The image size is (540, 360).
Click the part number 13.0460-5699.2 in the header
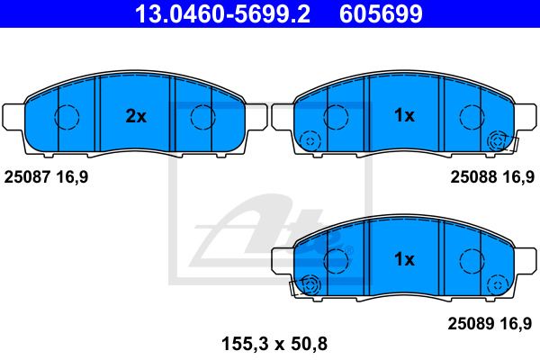coord(222,13)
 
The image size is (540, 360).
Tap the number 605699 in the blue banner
coord(381,13)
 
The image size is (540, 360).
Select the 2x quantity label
coord(136,116)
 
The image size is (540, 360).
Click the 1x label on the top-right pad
coord(404,115)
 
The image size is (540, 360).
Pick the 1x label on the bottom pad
coord(404,259)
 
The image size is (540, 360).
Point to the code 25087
coord(27,177)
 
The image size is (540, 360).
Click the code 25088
coord(473,177)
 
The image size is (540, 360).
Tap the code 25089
coord(471,323)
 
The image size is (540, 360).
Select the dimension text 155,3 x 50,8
coord(274,344)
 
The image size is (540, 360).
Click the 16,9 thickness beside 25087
coord(72,178)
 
